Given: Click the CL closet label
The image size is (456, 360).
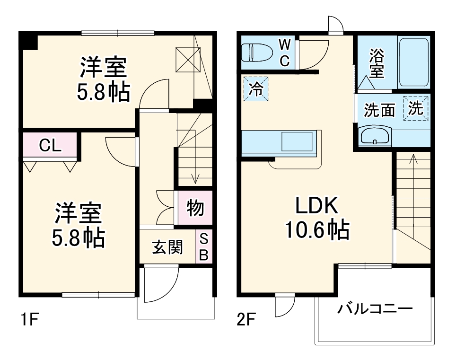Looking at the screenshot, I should point(50,146).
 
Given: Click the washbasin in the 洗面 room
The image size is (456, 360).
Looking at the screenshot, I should point(375,136).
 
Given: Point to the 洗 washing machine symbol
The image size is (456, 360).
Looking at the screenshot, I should point(416,108).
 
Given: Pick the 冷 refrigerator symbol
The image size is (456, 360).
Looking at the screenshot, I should point(256,88).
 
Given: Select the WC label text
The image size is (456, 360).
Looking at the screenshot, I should point(284,53).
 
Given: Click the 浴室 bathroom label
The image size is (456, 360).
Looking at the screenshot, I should point(377,63).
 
